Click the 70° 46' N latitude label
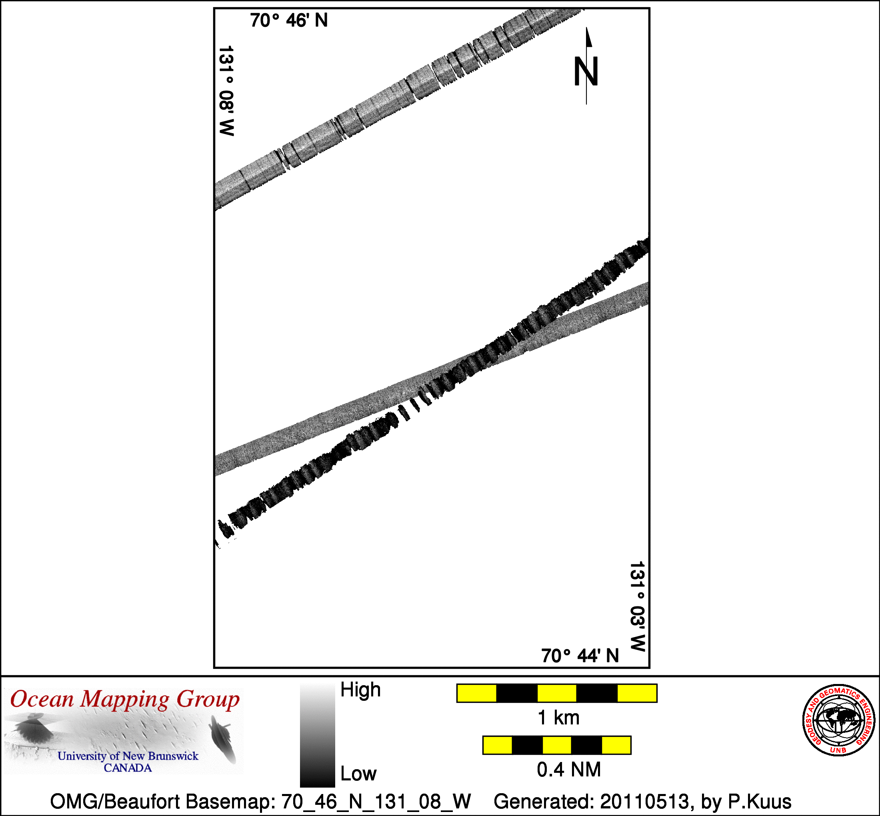(289, 20)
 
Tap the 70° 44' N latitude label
(580, 656)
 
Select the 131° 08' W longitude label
(226, 90)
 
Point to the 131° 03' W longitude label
(638, 606)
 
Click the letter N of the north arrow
(586, 72)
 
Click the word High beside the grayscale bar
(360, 690)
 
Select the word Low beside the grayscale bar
(358, 774)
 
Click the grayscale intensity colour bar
(318, 735)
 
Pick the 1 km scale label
(558, 718)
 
